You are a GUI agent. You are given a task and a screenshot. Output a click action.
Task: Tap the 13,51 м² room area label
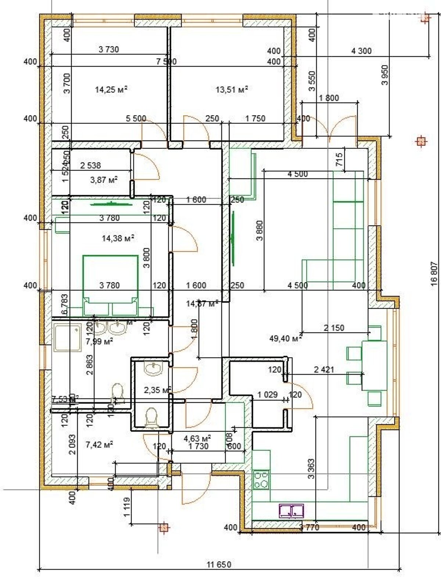[x=232, y=89]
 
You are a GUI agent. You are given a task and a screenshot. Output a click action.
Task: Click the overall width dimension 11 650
[x=219, y=564]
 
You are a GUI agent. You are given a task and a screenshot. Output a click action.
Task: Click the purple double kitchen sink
[x=291, y=510]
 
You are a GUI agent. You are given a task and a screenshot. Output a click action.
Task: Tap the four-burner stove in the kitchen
[x=261, y=480]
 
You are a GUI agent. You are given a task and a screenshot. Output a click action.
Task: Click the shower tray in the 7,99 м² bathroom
[x=67, y=337]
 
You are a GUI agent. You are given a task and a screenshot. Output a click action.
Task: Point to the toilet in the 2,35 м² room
[x=152, y=418]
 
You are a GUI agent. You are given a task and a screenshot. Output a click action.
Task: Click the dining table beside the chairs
[x=374, y=365]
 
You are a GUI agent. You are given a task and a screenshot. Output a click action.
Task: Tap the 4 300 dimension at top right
[x=361, y=51]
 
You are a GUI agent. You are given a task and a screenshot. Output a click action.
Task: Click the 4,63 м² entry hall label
[x=197, y=438]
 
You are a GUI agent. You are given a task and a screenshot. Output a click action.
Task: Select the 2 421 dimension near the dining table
[x=324, y=369]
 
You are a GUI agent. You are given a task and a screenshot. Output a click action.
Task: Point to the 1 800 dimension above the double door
[x=329, y=98]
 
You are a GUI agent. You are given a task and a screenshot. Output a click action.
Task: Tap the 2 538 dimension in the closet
[x=90, y=165]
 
